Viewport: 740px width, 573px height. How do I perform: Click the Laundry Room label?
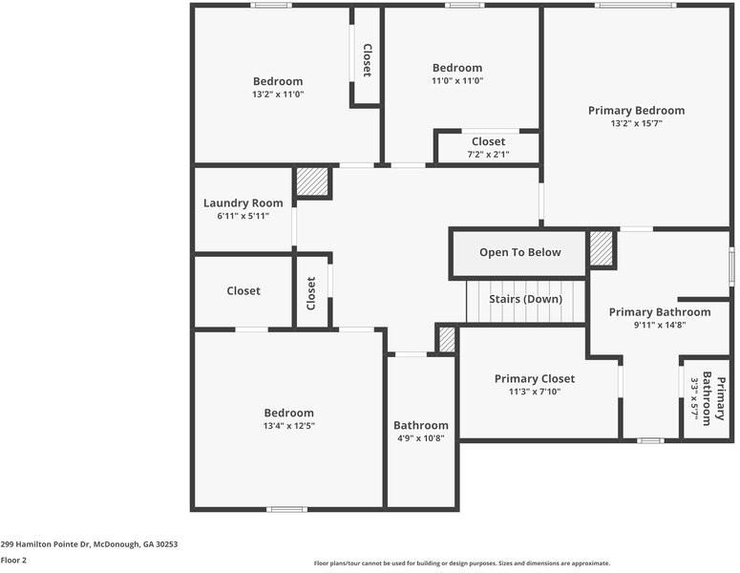243,203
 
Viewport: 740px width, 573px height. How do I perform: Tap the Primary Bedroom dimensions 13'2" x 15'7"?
636,123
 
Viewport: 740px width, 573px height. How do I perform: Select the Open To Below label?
519,252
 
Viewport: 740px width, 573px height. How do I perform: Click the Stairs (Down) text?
525,299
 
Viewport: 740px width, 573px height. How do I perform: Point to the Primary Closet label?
534,379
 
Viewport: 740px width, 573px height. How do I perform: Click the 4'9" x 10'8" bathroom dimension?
420,438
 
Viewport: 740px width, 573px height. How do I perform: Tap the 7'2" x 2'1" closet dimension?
488,155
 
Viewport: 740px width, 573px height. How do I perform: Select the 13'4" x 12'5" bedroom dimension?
288,426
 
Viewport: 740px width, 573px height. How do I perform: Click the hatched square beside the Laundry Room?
311,181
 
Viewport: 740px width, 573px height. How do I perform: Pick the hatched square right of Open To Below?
600,248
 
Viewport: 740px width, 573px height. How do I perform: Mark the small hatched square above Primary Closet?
447,339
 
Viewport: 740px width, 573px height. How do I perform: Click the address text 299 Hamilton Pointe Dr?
89,544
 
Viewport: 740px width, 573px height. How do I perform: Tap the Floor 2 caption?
13,561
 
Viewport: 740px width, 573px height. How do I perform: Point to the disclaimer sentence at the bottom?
461,563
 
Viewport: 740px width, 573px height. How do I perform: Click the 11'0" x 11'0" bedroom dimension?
456,81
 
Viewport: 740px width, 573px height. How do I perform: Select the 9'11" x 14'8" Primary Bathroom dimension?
659,325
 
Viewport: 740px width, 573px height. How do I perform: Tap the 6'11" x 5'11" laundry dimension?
243,216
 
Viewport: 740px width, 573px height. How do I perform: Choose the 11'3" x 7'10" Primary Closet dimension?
534,392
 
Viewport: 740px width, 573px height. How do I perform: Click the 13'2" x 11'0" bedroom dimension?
277,95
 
